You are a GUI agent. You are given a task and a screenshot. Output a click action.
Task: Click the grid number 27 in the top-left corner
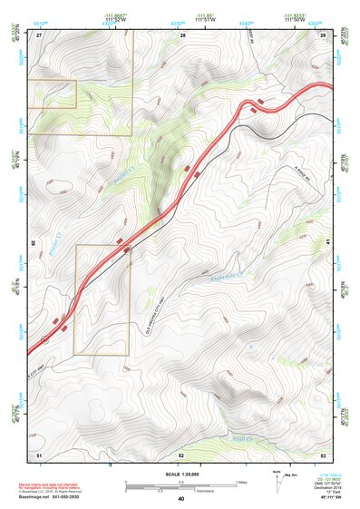coord(39,34)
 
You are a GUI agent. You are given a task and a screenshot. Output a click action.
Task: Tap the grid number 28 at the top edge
coord(182,34)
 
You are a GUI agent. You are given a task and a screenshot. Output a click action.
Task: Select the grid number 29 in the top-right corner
coord(323,34)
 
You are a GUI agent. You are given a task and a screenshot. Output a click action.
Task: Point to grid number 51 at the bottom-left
coord(39,453)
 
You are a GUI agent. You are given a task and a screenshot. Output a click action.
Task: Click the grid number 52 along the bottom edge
coord(181,453)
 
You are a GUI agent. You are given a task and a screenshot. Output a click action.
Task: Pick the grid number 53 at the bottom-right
coord(323,453)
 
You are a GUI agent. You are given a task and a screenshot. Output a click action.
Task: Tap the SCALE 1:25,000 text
coord(181,474)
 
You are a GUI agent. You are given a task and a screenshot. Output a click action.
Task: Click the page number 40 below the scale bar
coord(181,499)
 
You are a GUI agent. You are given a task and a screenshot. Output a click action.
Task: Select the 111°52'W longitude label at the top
coord(113,20)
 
